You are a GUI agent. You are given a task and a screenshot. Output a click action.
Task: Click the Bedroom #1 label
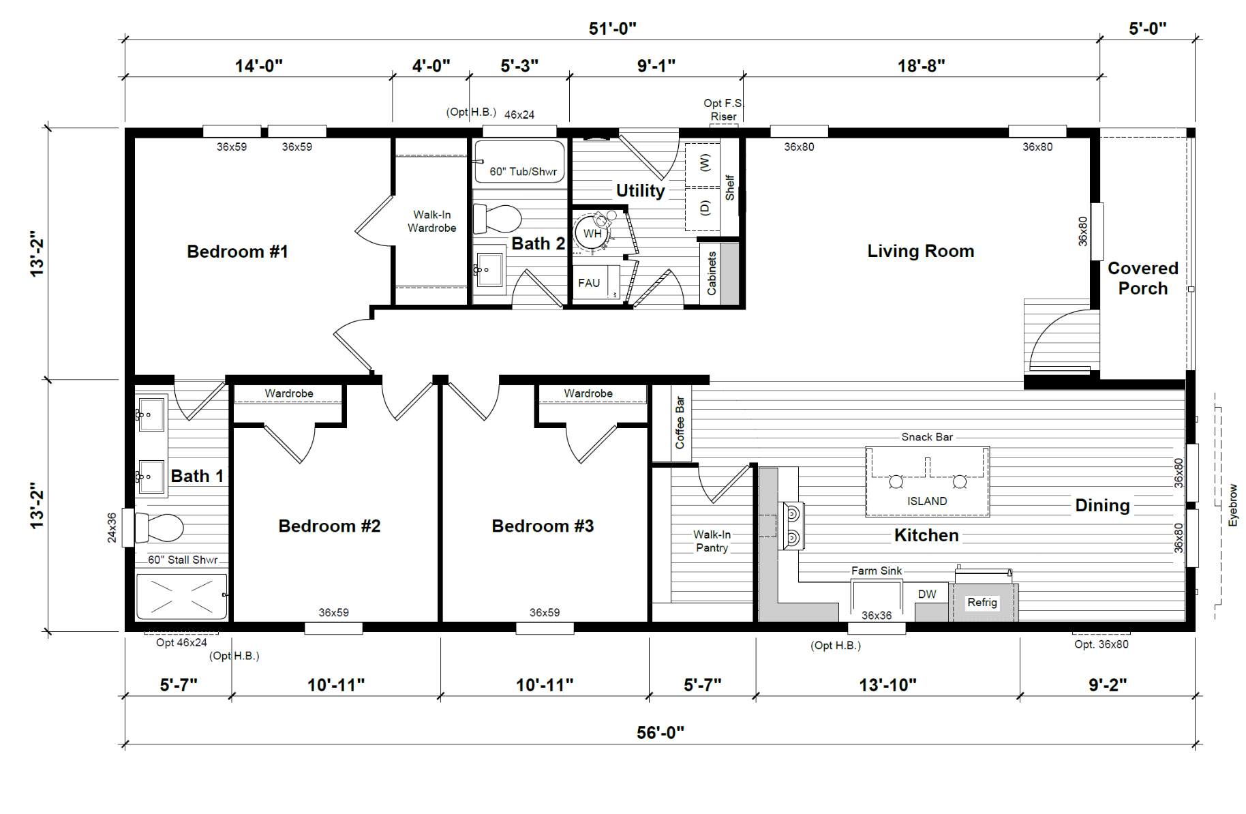click(x=237, y=252)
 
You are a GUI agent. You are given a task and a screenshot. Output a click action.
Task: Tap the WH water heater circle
click(x=592, y=233)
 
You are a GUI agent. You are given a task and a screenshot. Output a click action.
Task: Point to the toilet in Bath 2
click(x=497, y=219)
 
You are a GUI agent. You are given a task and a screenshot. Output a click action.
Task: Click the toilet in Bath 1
click(x=159, y=528)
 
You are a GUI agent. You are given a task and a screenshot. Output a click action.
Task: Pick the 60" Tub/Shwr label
click(x=523, y=172)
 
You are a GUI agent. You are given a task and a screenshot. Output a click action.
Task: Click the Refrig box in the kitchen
click(x=982, y=602)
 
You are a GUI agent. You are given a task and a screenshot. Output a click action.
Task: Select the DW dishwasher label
click(x=927, y=594)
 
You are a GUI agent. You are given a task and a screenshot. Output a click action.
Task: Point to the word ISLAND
click(x=927, y=501)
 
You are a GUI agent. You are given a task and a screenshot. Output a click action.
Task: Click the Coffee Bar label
click(x=680, y=423)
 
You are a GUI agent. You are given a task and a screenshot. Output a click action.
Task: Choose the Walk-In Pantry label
click(x=712, y=541)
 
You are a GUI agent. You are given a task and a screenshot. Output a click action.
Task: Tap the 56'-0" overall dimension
click(x=660, y=732)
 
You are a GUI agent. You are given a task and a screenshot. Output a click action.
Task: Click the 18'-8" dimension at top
click(x=921, y=65)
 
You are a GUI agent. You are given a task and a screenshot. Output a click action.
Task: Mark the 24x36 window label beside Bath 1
click(x=112, y=528)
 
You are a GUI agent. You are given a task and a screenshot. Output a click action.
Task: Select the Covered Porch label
click(x=1143, y=278)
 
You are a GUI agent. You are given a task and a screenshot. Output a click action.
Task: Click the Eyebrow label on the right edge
click(x=1232, y=505)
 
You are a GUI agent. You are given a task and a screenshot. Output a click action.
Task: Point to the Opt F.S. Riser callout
click(x=724, y=110)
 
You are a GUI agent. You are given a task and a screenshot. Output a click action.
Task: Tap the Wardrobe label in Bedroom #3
click(x=588, y=393)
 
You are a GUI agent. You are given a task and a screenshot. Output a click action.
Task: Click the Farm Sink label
click(x=877, y=571)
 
